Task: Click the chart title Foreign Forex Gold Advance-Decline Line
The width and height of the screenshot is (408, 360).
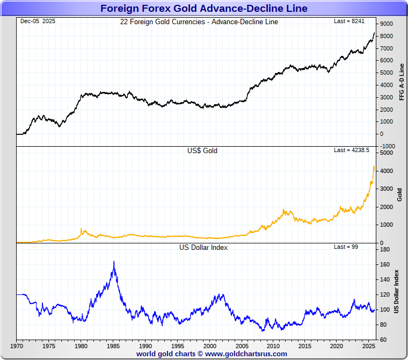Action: click(x=203, y=8)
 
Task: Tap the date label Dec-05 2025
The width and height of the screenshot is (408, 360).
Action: click(x=38, y=21)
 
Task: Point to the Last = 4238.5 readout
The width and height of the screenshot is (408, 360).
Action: click(x=352, y=150)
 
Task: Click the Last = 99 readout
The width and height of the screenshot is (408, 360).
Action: click(x=346, y=247)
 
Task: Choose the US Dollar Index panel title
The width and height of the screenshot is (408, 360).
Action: click(x=203, y=247)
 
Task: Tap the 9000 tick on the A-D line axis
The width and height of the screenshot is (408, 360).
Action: click(x=387, y=24)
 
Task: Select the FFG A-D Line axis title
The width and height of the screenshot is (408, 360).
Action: click(x=402, y=82)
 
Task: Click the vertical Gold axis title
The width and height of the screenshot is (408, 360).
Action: click(x=399, y=195)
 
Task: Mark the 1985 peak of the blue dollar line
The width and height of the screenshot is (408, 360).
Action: click(x=114, y=262)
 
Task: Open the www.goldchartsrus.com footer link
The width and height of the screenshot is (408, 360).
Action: click(x=246, y=354)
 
